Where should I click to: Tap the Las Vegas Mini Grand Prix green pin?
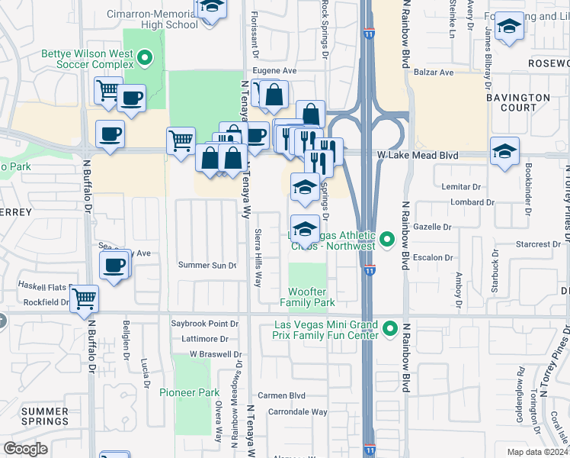390,329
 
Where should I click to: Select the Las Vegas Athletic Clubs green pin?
387,240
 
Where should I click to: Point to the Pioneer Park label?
189,392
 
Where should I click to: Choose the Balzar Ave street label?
434,73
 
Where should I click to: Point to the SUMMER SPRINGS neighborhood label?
45,416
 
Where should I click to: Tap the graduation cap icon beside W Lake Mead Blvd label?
504,151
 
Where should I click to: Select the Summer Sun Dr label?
202,265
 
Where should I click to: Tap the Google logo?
25,448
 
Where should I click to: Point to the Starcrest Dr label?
537,244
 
